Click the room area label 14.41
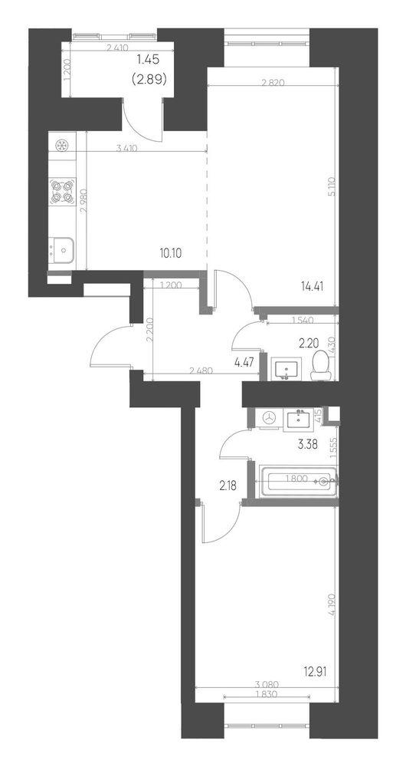coord(313,288)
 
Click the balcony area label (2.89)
coord(149,77)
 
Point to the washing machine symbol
coord(269,418)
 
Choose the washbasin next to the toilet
coord(289,369)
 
